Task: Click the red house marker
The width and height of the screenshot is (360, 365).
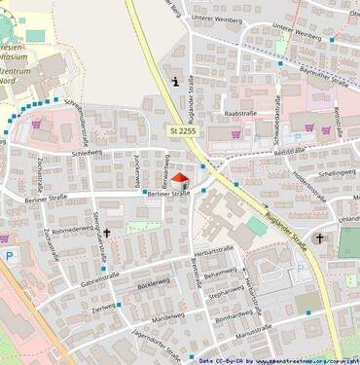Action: click(x=178, y=177)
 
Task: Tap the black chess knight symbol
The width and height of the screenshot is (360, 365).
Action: click(x=174, y=82)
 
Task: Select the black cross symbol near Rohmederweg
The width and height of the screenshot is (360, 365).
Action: click(x=107, y=234)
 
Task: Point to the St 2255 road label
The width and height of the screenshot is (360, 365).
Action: click(x=182, y=130)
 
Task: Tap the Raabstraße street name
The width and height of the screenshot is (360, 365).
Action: click(x=239, y=114)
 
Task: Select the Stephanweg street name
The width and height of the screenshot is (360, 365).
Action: click(x=226, y=291)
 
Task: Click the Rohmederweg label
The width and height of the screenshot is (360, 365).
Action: click(x=71, y=230)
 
